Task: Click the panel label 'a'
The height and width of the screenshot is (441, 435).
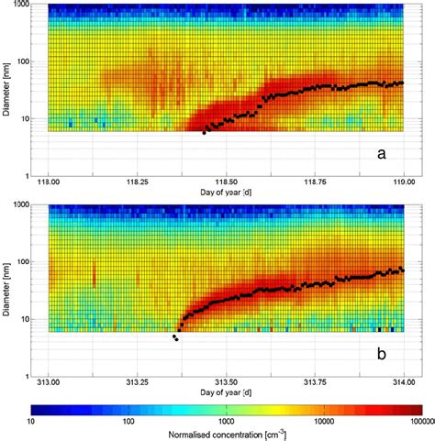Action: (x=381, y=156)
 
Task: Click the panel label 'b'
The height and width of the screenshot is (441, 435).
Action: (x=381, y=353)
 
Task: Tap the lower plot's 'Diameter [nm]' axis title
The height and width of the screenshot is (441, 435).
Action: (x=9, y=287)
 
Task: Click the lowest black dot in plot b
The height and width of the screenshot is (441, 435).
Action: (x=176, y=340)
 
